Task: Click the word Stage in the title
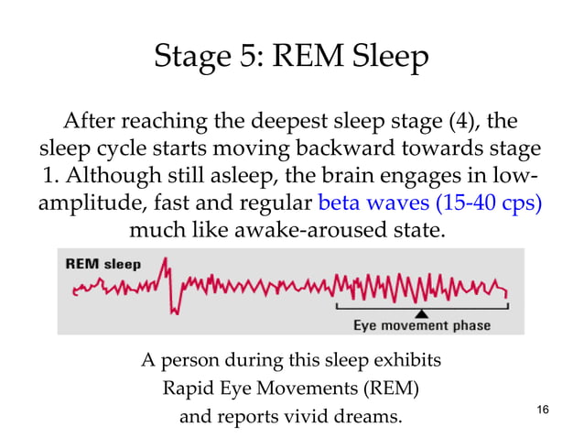pyautogui.click(x=189, y=58)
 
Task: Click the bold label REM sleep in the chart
pyautogui.click(x=103, y=264)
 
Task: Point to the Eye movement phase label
pyautogui.click(x=422, y=325)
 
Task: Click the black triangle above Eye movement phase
pyautogui.click(x=421, y=312)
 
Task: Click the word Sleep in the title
pyautogui.click(x=388, y=58)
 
